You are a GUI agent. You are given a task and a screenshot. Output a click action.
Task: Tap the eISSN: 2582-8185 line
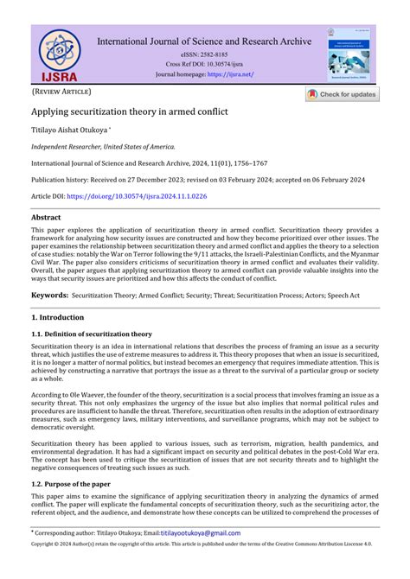[x=204, y=54]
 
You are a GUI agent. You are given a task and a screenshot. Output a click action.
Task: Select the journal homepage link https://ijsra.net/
[x=229, y=74]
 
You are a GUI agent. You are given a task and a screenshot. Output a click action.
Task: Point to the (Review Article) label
[x=61, y=91]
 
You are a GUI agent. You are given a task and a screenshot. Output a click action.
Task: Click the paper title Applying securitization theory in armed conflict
[x=131, y=112]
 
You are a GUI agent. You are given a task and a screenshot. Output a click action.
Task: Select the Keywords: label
[x=49, y=295]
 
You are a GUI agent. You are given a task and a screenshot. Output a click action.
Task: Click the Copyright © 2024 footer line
[x=204, y=544]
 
